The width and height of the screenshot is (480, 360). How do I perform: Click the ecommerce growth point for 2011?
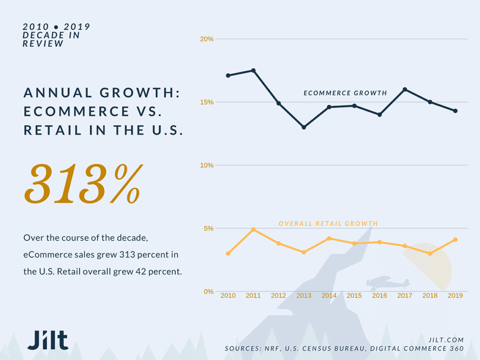coord(253,70)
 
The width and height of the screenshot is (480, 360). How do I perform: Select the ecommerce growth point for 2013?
coord(304,127)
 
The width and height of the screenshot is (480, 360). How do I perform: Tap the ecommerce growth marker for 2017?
coord(405,89)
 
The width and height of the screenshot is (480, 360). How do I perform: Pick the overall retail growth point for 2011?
coord(253,230)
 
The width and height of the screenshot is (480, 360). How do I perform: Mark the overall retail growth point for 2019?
coord(455,240)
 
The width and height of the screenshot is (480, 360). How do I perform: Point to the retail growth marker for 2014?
coord(329,238)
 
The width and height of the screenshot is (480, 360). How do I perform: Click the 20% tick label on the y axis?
coord(207,39)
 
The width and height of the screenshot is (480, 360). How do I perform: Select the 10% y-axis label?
coord(207,165)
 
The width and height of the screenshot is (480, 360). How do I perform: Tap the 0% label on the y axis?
coord(209,292)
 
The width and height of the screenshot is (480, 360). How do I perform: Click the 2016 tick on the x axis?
coord(379,296)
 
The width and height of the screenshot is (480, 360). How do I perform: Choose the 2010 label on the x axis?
coord(228,296)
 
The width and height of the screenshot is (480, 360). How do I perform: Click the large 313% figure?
coord(82,184)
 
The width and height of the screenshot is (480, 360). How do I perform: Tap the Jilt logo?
coord(47,340)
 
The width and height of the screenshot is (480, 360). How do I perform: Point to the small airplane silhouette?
coord(388,283)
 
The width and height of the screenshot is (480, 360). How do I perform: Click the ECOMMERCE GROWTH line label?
coord(345,93)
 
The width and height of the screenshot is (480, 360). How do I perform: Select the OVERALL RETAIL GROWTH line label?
coord(328,224)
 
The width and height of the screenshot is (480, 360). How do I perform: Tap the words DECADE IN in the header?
coord(51,35)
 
